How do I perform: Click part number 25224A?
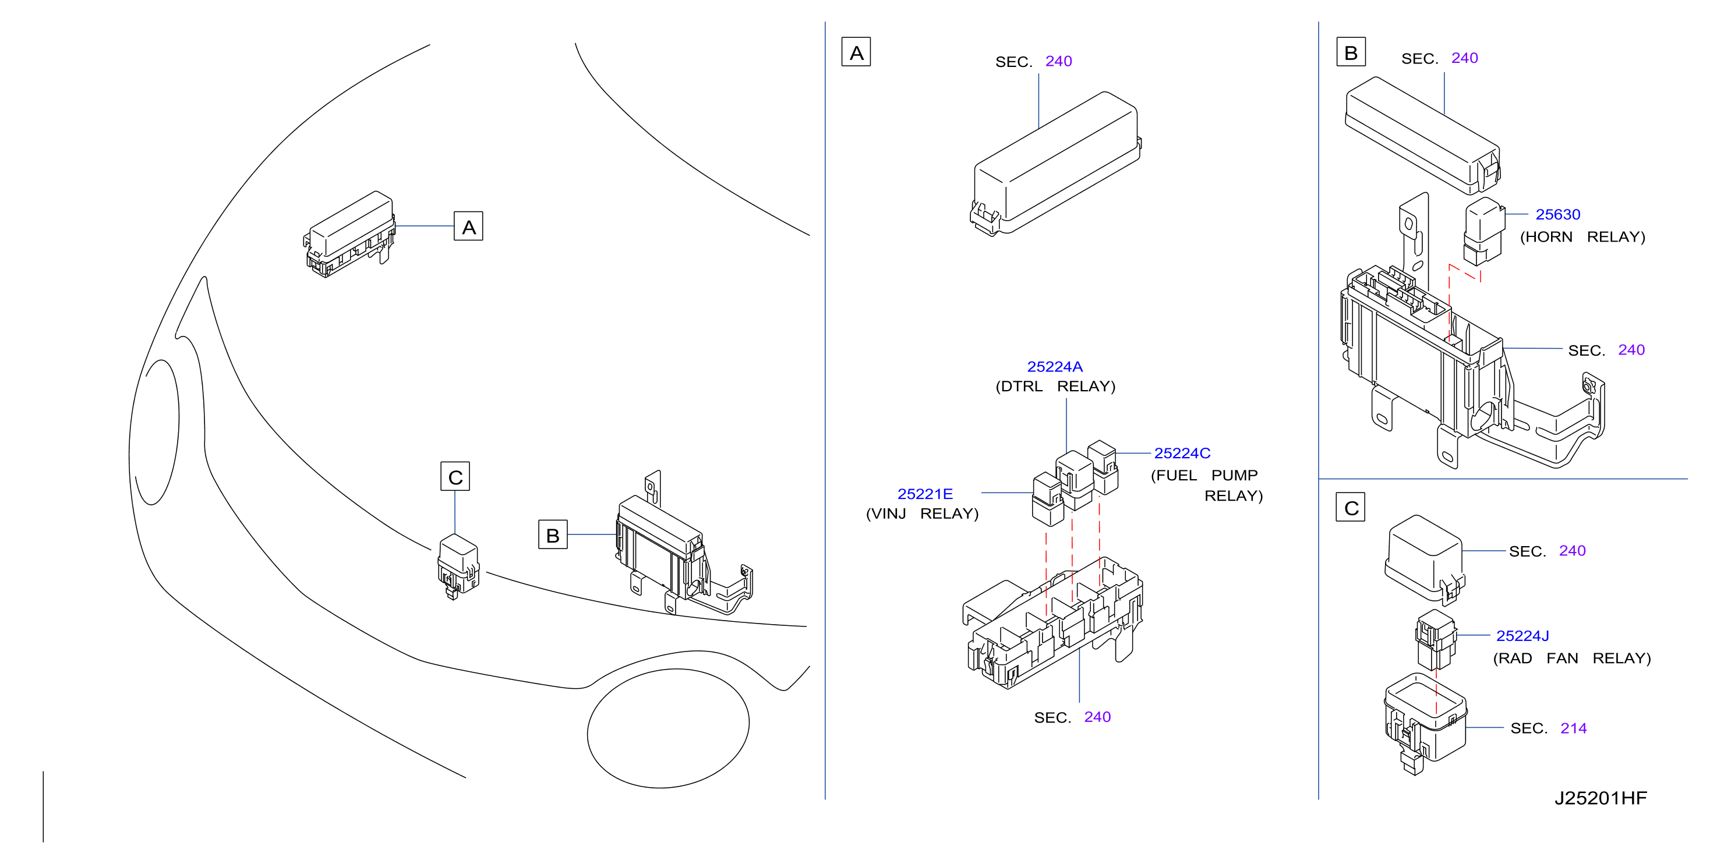point(1054,367)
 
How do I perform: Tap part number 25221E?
point(925,494)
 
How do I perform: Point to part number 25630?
point(1557,215)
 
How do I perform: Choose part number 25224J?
point(1522,636)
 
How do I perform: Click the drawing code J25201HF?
point(1600,798)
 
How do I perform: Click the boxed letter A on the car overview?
point(468,226)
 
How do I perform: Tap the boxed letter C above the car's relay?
point(455,477)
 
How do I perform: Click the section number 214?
point(1573,728)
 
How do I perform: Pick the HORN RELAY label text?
point(1582,237)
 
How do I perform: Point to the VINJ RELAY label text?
point(922,514)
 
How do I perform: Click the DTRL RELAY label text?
point(1055,387)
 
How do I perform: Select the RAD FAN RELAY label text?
point(1572,658)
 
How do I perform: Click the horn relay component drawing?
point(1483,231)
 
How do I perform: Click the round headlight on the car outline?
point(668,728)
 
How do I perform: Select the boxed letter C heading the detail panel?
point(1351,508)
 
